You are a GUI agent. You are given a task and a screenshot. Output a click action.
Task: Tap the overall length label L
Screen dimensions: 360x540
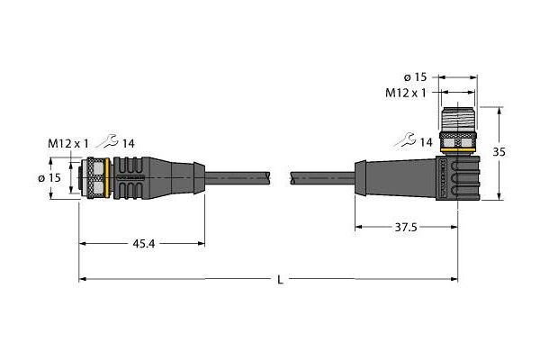tap(281, 280)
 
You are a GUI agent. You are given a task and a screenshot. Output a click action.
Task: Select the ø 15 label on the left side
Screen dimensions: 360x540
tap(49, 177)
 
